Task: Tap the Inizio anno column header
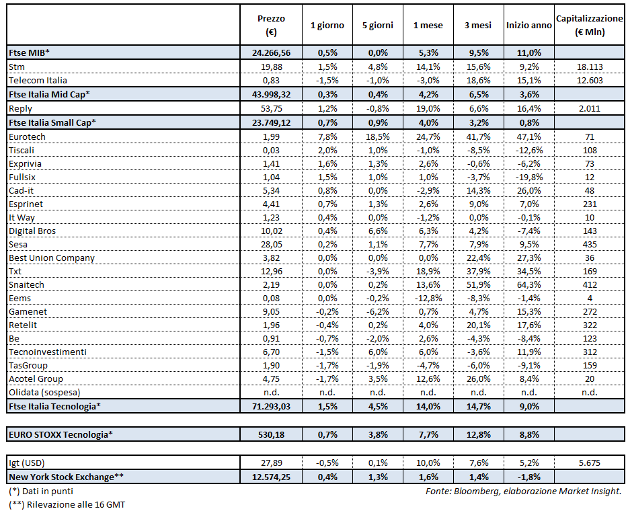[528, 25]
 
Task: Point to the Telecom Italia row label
[38, 80]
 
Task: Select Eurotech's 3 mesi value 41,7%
[478, 136]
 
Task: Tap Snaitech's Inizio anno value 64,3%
[528, 284]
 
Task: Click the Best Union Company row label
[52, 258]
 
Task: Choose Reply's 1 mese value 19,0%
[428, 108]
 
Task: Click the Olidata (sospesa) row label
[42, 392]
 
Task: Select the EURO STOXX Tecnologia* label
[61, 434]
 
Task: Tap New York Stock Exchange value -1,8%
[528, 477]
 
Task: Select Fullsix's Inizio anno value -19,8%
[528, 177]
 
